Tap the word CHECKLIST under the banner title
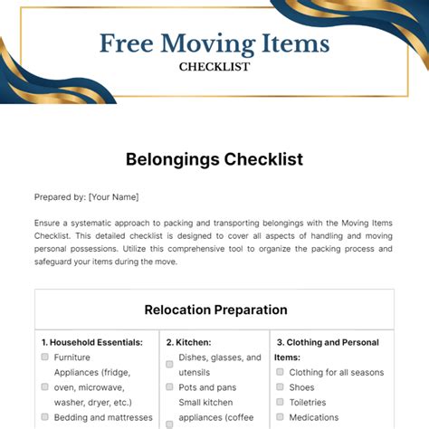(214, 66)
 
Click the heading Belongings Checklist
(214, 159)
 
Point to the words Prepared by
(60, 196)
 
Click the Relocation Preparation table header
(215, 310)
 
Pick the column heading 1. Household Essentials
(92, 343)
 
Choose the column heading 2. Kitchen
(188, 343)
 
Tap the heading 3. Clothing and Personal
(328, 343)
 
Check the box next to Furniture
(45, 357)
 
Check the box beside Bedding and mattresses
(45, 417)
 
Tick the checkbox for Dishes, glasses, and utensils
(169, 363)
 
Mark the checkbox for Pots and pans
(169, 387)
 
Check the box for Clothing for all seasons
(281, 372)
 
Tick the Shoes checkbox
(281, 387)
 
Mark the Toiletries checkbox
(281, 402)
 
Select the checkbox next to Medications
(281, 417)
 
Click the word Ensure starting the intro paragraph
(50, 223)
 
